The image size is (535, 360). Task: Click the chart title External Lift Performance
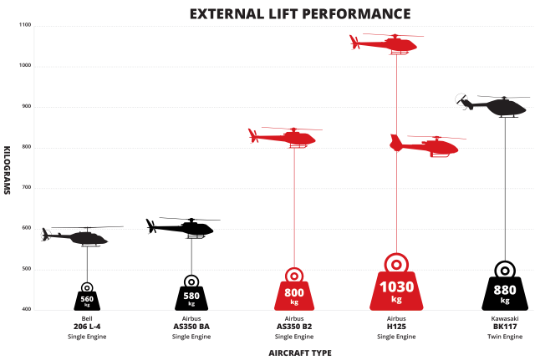[x=299, y=13]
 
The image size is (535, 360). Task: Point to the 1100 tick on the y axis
[x=24, y=25]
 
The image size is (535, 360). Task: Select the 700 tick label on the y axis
[x=25, y=188]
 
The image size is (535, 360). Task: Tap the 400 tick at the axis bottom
[x=25, y=310]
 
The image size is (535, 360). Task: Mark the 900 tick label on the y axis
[x=25, y=106]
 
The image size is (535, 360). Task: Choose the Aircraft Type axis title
[x=298, y=352]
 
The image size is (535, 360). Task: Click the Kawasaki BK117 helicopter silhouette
[x=495, y=106]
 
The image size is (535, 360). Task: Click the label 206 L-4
[x=87, y=327]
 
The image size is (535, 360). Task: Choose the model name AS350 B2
[x=294, y=327]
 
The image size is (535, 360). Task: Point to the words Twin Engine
[x=505, y=337]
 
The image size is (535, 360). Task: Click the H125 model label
[x=396, y=327]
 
